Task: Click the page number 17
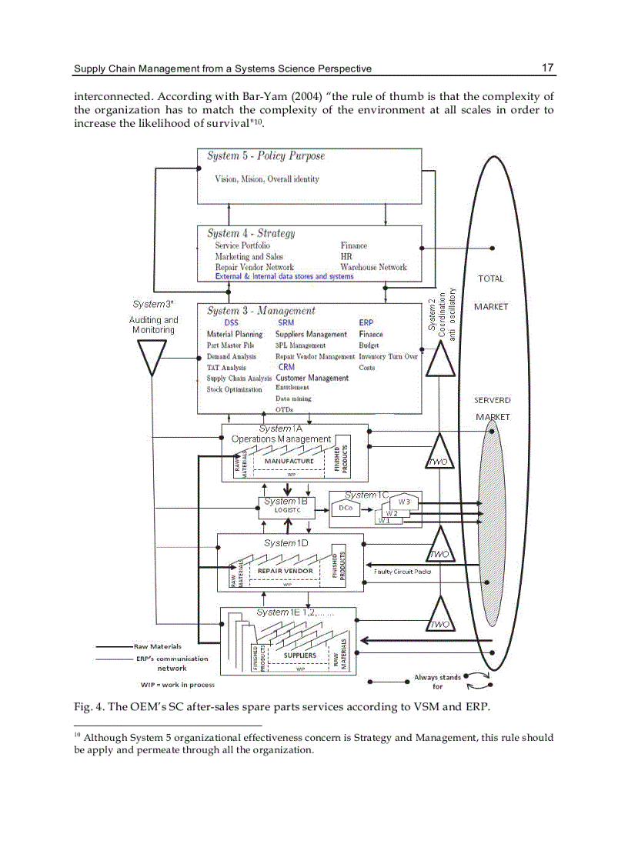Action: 547,68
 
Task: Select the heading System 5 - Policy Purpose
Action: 266,156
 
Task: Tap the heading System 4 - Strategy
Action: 251,233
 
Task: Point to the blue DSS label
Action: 231,323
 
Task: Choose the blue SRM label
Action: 286,323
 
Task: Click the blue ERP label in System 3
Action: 366,323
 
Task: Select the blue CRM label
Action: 286,367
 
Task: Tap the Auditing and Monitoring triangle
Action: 152,359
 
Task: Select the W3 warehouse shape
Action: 404,502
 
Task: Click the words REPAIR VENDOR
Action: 285,572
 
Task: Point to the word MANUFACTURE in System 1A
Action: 289,462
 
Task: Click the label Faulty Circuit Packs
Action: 402,572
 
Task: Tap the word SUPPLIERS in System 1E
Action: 299,656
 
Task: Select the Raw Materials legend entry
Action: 157,646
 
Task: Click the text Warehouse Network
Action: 373,267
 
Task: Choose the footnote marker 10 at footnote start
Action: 78,736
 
